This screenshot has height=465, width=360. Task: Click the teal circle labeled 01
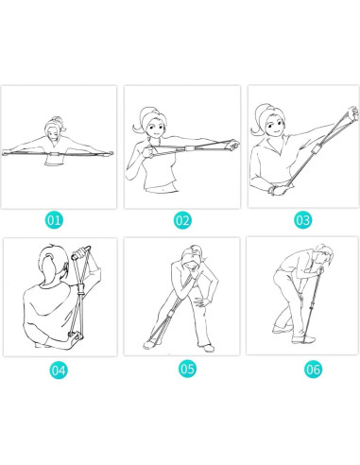tap(54, 220)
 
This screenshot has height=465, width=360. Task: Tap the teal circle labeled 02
tap(182, 220)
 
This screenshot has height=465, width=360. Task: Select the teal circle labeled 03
tap(303, 219)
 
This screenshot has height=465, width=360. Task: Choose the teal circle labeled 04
tap(59, 370)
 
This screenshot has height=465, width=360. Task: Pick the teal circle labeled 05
tap(187, 369)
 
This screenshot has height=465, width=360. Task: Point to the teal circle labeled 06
tap(313, 369)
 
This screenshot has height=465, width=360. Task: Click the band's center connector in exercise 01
tap(57, 154)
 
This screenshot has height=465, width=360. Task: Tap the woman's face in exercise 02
tap(156, 127)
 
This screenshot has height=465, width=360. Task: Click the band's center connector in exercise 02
tap(190, 148)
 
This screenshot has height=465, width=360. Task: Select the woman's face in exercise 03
tap(274, 125)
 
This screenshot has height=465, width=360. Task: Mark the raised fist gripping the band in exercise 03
tap(352, 113)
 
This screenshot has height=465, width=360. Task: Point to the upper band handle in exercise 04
tap(81, 252)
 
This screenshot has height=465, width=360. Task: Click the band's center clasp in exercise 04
tap(81, 289)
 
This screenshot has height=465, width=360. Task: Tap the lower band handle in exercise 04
tap(75, 336)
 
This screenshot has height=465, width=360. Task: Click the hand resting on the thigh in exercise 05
tap(200, 302)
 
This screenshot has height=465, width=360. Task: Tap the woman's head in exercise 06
tap(324, 253)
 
